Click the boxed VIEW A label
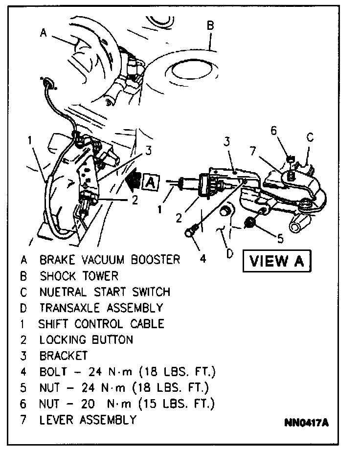coord(276,260)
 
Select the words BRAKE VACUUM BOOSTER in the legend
coord(110,259)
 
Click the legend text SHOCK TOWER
coord(79,275)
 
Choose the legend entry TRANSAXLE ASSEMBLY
coord(101,308)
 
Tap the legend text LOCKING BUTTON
coord(86,339)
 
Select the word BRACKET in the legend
coord(64,356)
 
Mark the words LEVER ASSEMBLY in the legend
coord(88,420)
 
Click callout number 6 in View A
coord(273,131)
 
